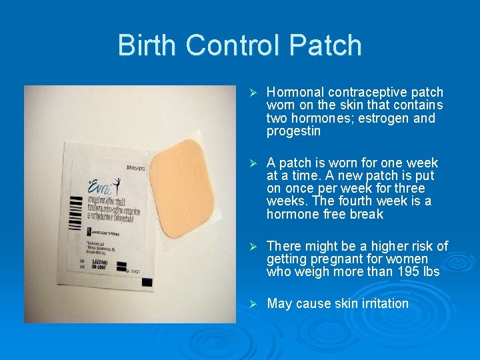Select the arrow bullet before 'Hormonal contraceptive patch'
click(x=253, y=93)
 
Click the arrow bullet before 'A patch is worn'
click(x=253, y=163)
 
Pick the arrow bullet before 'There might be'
click(x=253, y=247)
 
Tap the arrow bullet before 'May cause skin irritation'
click(x=253, y=304)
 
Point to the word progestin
click(x=293, y=131)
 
